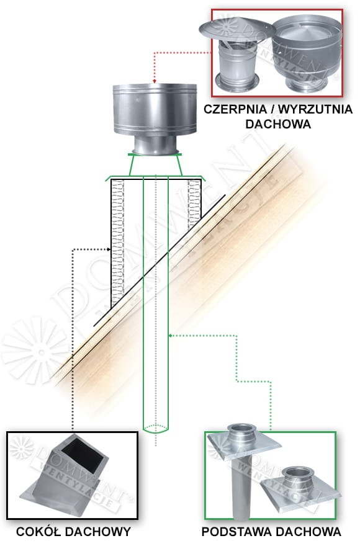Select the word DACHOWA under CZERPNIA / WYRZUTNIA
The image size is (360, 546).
(x=278, y=124)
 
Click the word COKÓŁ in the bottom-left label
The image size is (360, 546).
(x=38, y=532)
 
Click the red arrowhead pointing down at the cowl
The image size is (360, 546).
(x=154, y=81)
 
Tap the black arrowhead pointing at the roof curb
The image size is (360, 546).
(x=109, y=249)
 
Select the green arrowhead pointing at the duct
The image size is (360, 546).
(x=171, y=336)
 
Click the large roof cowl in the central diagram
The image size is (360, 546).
(x=155, y=119)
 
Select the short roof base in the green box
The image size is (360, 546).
(x=299, y=488)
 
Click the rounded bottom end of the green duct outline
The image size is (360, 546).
(x=156, y=429)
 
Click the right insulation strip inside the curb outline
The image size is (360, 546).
(x=194, y=204)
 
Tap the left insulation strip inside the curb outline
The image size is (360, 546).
(x=118, y=240)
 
